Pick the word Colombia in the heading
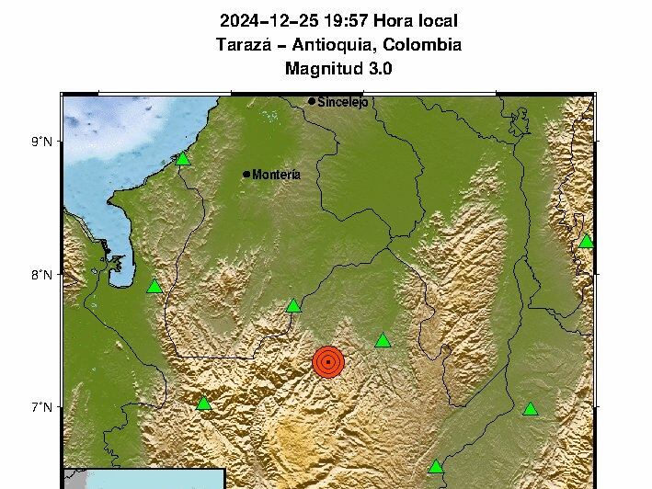pos(422,45)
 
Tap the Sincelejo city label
pos(342,103)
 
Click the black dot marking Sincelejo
pos(313,101)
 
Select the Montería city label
pos(276,175)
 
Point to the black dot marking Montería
pos(246,174)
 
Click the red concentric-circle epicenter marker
pos(327,362)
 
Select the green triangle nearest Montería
pos(182,159)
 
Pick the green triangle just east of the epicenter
pos(383,341)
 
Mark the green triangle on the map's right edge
pos(586,242)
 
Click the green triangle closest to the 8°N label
pos(154,286)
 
